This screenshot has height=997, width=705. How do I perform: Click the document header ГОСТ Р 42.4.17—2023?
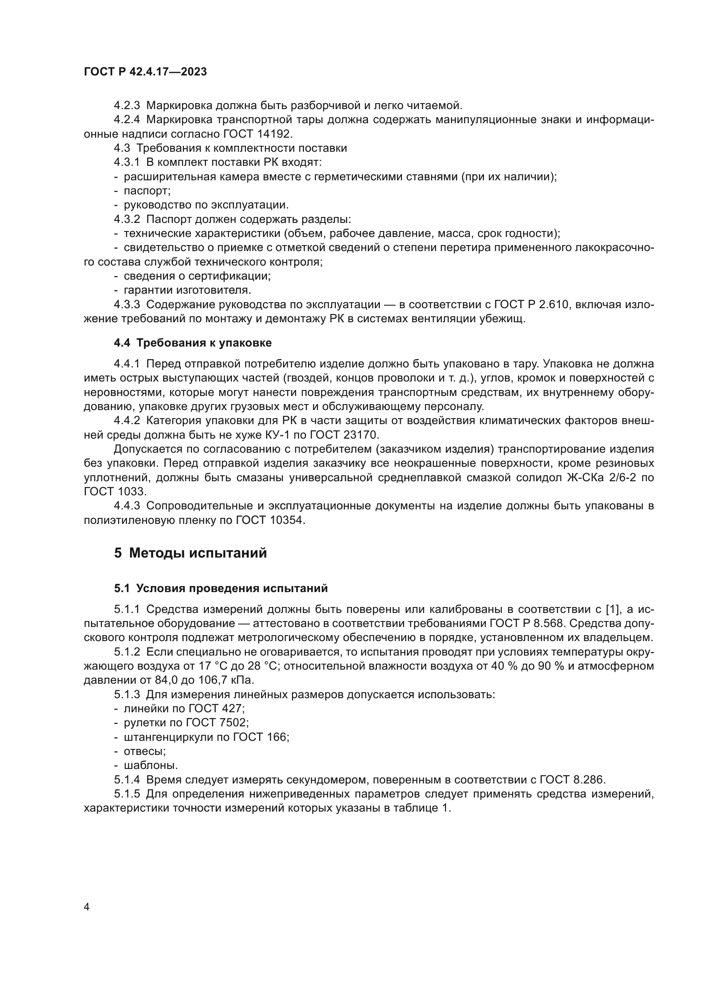(145, 72)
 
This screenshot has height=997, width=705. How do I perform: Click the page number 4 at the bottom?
(87, 907)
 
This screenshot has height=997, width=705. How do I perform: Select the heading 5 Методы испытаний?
(191, 553)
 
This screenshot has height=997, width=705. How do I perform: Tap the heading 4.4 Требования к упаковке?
(192, 343)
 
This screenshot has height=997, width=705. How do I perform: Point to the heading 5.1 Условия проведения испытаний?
(221, 588)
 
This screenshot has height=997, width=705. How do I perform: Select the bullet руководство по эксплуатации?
(206, 205)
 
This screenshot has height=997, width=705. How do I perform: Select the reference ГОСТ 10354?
(270, 520)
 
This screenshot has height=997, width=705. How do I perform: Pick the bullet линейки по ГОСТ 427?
(184, 708)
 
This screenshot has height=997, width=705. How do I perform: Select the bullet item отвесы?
(144, 751)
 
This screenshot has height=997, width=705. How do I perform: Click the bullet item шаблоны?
(150, 765)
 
